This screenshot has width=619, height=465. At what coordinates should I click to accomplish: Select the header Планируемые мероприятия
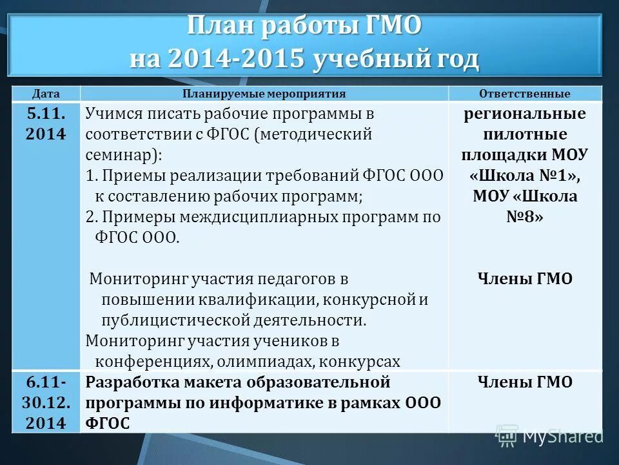264,94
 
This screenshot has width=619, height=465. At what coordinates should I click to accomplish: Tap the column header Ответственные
524,94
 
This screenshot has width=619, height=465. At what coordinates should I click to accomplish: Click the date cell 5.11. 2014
46,124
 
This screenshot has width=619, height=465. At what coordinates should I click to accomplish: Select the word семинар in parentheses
119,156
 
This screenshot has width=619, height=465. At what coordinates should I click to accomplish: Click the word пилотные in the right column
524,134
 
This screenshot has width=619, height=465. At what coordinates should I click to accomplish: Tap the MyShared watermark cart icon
507,436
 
